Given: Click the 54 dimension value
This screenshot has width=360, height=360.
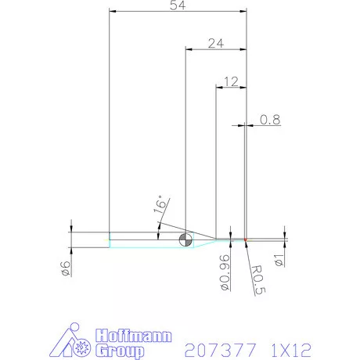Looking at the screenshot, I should click(176, 5).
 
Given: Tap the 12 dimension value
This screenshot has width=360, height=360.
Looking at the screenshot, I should click(230, 81).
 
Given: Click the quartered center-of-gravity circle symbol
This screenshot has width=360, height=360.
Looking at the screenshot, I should click(185, 240).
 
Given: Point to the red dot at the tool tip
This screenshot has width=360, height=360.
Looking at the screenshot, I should click(246, 239).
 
